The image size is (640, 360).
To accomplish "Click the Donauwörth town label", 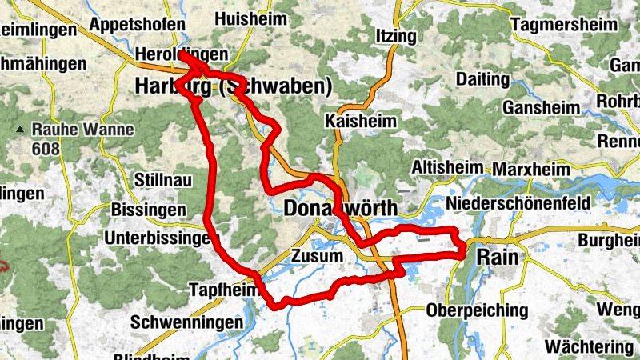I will [x=340, y=208].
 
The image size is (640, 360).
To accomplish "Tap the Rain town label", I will [x=497, y=257].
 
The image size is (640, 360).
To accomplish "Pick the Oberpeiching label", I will [x=478, y=310].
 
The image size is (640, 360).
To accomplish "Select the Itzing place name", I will [x=395, y=36].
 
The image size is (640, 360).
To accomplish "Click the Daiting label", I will [x=482, y=79].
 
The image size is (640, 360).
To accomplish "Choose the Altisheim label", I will [x=447, y=168].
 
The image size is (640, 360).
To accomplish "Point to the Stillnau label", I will [x=163, y=180].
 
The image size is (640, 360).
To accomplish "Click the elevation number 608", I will [x=46, y=148].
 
